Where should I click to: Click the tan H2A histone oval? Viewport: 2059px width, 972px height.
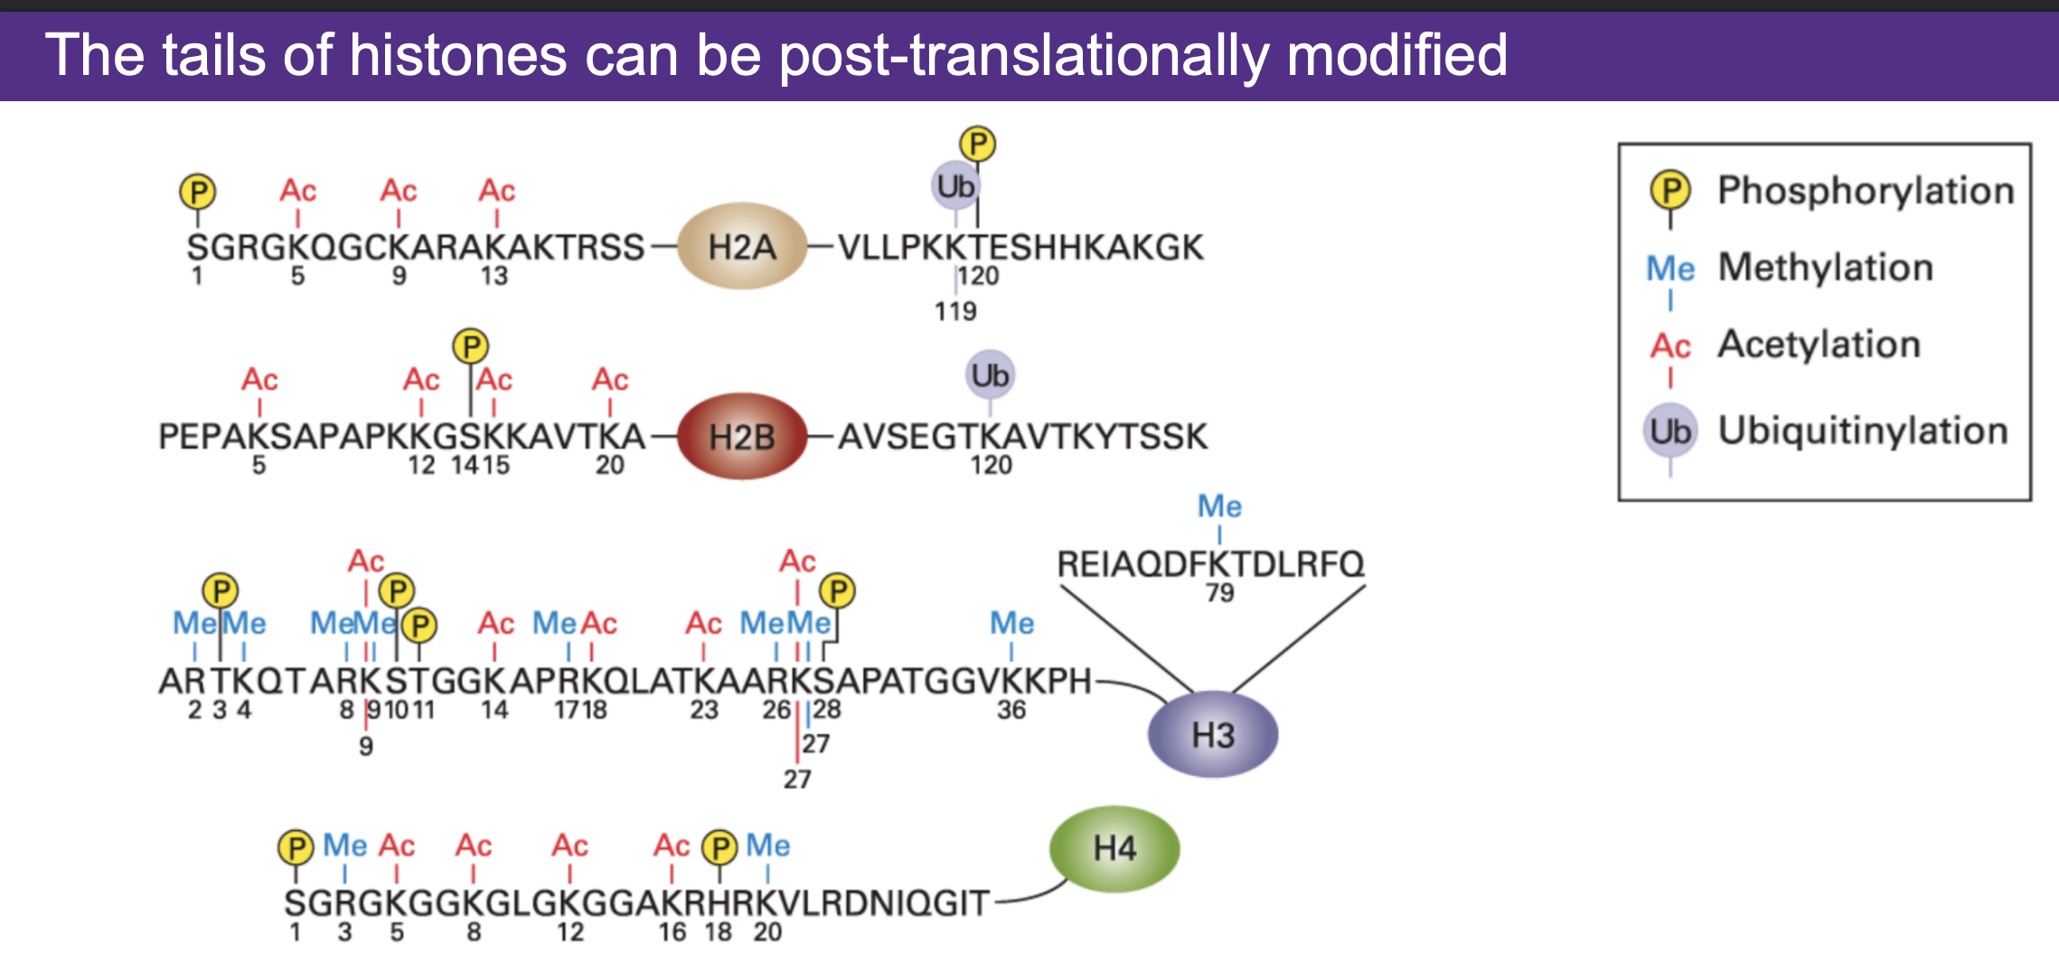point(742,247)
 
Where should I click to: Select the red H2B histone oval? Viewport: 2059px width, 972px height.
point(742,437)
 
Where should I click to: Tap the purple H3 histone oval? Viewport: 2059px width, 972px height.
point(1212,734)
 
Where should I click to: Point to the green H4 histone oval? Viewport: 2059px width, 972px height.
point(1114,848)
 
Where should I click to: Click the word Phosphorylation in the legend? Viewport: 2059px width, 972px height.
point(1866,191)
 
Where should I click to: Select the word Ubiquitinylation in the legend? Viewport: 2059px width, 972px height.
point(1863,431)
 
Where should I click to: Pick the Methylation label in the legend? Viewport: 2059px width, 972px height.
point(1825,267)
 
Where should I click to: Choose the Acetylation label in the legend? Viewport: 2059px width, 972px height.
point(1819,344)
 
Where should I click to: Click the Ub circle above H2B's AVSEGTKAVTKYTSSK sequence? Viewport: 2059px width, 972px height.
point(990,375)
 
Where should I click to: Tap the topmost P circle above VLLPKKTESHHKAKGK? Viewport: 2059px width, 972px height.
point(977,144)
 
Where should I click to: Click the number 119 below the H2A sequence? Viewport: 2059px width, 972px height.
point(955,312)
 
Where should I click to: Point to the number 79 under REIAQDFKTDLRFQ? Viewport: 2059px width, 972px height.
point(1219,593)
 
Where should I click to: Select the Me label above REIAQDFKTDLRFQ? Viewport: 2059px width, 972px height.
point(1219,506)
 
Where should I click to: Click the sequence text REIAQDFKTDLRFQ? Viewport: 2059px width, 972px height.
point(1210,564)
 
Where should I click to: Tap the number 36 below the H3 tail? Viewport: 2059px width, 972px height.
point(1011,710)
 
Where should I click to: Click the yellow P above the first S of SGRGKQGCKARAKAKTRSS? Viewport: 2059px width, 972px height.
point(197,192)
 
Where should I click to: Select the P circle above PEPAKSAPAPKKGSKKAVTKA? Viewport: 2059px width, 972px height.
point(470,346)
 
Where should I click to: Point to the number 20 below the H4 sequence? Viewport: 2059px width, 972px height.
point(767,931)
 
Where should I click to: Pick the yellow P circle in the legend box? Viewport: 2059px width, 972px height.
point(1669,190)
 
